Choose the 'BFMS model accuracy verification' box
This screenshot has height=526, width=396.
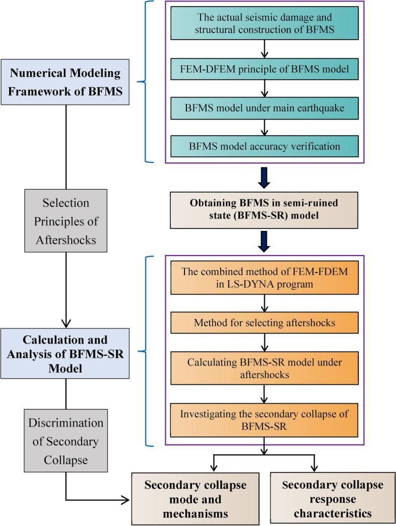click(x=262, y=146)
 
